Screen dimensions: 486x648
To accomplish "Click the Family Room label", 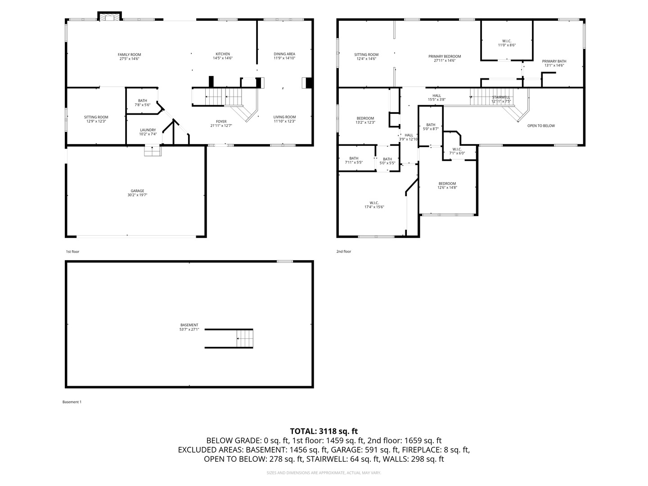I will coord(130,55).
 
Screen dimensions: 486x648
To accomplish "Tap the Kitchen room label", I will coord(223,54).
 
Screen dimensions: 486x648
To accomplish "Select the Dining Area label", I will coord(284,54).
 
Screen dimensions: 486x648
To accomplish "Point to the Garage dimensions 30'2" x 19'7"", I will coord(137,195).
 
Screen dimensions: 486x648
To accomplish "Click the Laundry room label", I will coord(148,130).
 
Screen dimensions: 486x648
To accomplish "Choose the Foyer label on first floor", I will coord(221,121).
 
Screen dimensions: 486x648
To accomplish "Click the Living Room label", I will coord(284,117).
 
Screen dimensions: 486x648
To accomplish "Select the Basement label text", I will coord(189,325).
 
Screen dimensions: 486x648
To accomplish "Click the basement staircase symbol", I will coord(245,338).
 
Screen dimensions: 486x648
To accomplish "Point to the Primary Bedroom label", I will coord(445,57).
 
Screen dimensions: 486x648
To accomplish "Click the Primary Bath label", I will coord(554,61).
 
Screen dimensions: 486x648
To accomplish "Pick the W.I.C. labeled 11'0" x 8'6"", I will coord(507,41).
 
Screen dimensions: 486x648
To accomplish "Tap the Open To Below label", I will coord(541,126).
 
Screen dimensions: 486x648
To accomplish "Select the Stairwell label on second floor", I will coord(501,97).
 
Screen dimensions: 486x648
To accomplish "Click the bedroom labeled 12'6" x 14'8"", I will coord(447,184).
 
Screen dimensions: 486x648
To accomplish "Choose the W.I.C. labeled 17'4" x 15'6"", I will coord(374,202).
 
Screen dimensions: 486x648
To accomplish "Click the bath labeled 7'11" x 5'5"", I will coord(354,158).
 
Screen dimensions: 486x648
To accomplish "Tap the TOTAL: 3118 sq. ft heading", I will coord(324,431).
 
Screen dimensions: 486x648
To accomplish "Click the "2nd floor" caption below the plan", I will coord(343,252).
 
